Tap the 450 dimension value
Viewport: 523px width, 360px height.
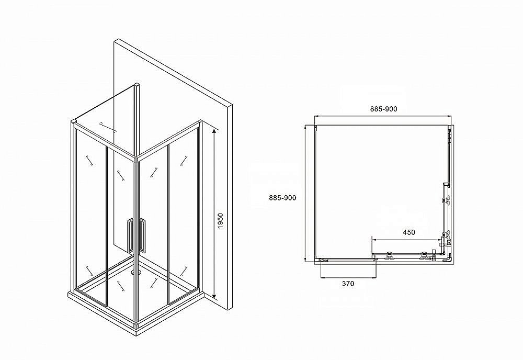[408, 232]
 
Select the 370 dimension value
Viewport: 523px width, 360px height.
[348, 284]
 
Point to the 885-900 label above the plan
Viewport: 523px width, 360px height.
[383, 109]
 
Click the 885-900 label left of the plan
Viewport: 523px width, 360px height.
[282, 198]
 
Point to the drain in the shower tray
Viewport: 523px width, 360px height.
[137, 272]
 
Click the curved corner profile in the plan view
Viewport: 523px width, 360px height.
[449, 258]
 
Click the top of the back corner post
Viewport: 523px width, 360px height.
[137, 84]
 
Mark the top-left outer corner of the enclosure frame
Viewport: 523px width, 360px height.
[73, 122]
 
